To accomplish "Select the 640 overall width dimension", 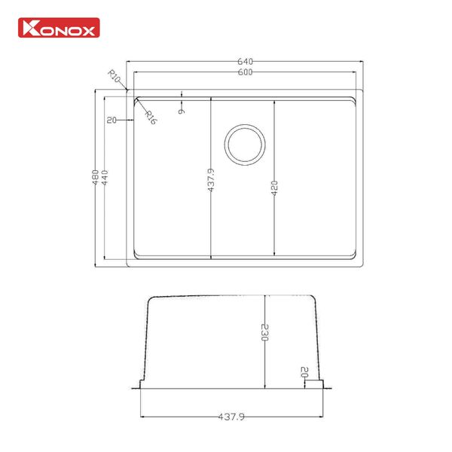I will [244, 61].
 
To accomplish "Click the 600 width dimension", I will [244, 72].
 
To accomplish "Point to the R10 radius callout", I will [115, 77].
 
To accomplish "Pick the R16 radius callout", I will [148, 117].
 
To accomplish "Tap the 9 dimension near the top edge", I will [182, 111].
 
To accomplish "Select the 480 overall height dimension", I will [95, 178].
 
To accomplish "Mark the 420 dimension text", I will [275, 188].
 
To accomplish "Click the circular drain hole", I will [245, 143].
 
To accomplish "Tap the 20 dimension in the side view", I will [305, 373].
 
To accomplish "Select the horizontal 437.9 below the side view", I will [232, 415].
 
